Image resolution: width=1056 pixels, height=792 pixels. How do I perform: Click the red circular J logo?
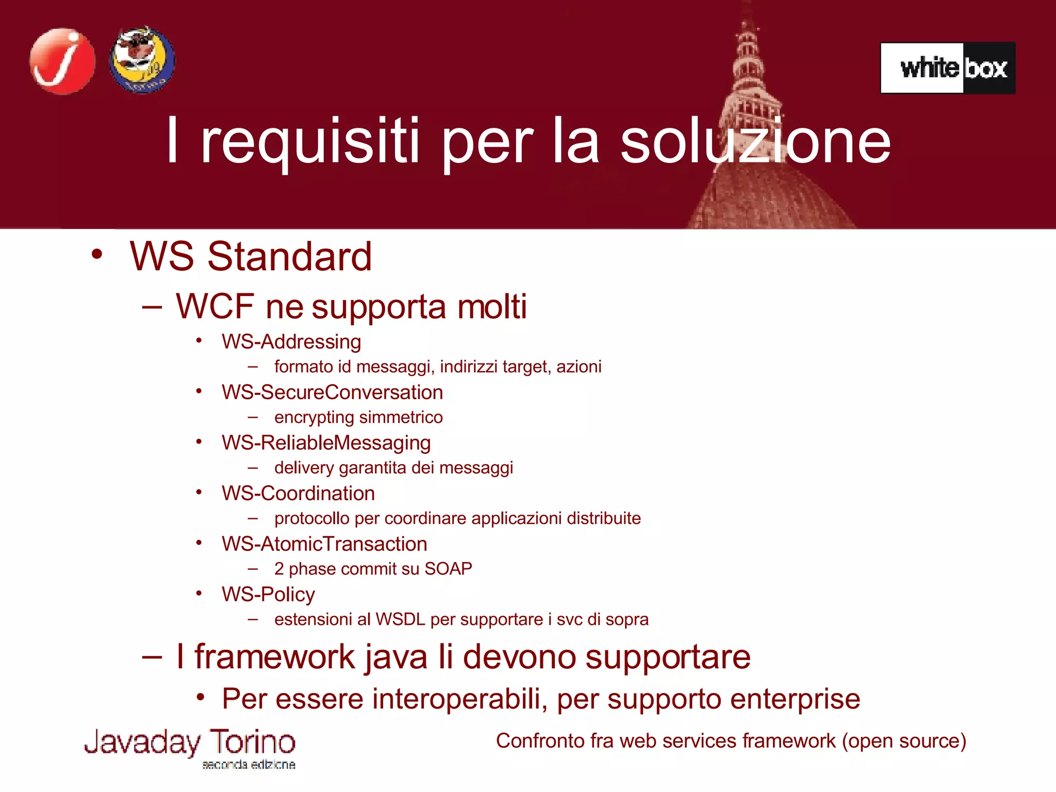pos(62,61)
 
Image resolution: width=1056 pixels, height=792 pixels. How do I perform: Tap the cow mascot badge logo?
pos(142,60)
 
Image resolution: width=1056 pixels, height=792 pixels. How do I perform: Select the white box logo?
pos(948,68)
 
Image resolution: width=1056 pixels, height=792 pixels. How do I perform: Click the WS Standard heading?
pos(251,256)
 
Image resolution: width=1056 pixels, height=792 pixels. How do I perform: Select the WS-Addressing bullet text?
pos(291,342)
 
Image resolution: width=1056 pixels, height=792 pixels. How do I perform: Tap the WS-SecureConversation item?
pos(332,392)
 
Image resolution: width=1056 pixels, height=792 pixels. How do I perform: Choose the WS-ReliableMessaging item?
pos(326,443)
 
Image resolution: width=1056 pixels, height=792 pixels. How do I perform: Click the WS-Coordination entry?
pos(298,493)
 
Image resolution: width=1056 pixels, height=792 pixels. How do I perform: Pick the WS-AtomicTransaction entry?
pos(324,544)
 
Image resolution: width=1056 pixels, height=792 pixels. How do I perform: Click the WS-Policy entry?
pos(268,595)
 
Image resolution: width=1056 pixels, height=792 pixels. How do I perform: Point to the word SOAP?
pos(448,569)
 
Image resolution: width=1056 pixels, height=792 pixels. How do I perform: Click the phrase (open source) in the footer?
pos(904,741)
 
